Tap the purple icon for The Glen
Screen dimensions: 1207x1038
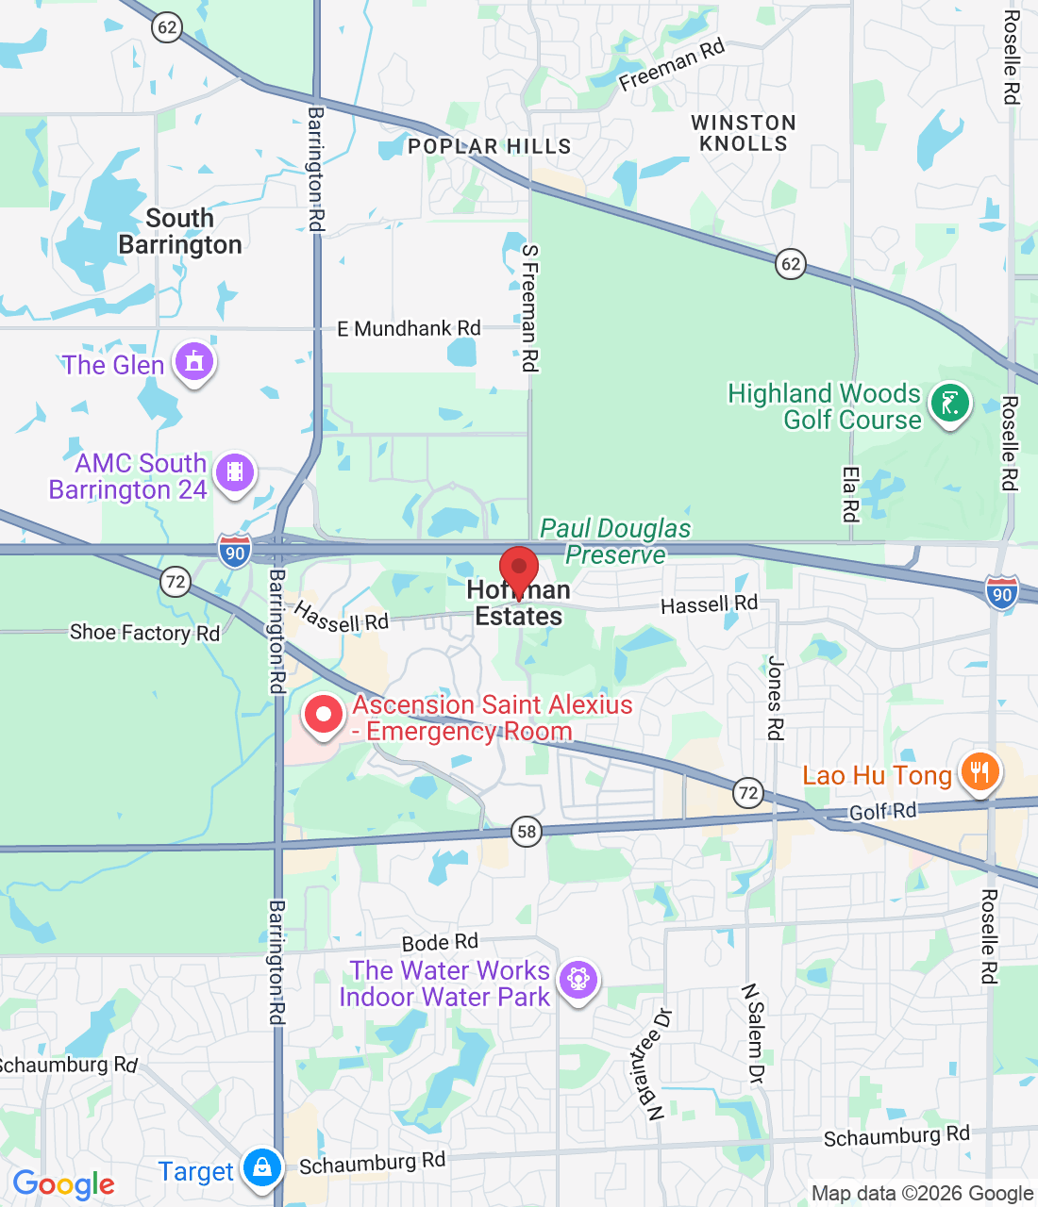(194, 361)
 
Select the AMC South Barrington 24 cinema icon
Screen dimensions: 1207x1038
(235, 471)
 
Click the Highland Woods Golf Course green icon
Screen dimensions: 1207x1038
(949, 404)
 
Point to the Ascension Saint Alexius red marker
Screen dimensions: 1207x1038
(324, 715)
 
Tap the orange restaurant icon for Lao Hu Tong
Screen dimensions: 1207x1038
(980, 772)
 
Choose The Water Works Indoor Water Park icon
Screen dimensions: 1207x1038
(578, 980)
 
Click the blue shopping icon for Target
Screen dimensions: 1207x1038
(261, 1167)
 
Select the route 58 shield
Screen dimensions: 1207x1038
(527, 832)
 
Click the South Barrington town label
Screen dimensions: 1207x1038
(179, 231)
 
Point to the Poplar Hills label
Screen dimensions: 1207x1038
(490, 146)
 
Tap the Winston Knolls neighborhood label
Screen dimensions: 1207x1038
(744, 133)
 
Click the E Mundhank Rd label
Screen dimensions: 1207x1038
(409, 328)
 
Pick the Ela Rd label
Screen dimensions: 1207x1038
(851, 493)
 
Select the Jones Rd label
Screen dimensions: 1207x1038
(776, 698)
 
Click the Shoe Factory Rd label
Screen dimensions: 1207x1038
(144, 632)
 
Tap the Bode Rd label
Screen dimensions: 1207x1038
(440, 942)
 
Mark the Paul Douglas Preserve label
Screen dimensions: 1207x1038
(615, 541)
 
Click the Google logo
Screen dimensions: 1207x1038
(64, 1184)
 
